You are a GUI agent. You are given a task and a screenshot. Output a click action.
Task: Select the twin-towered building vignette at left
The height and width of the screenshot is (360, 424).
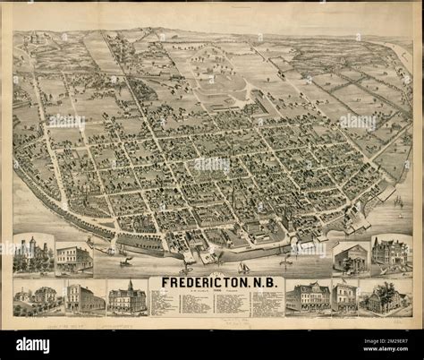(30, 254)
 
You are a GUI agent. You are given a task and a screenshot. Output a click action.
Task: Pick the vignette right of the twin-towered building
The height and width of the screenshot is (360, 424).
(73, 257)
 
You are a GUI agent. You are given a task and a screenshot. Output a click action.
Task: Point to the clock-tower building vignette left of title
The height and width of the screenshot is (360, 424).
(126, 297)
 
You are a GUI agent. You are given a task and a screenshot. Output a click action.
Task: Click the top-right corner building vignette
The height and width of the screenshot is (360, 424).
(390, 253)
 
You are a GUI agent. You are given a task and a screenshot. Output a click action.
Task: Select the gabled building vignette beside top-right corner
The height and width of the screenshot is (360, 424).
(350, 257)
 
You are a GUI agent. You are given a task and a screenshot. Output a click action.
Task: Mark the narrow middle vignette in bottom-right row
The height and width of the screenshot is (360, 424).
(343, 296)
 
